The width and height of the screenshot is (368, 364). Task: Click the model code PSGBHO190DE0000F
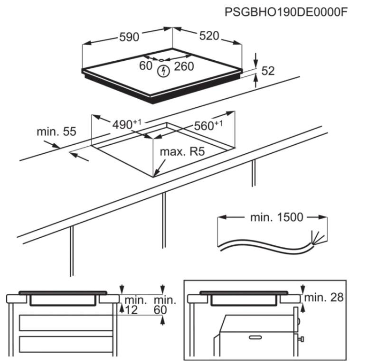point(285,11)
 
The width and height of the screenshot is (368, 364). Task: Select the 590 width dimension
point(129,37)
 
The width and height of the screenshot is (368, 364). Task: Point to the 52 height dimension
point(268,71)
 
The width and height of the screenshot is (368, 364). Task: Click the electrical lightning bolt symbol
point(163,71)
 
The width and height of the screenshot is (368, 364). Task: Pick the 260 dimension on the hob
point(184,66)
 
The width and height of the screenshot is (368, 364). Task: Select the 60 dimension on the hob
point(145,66)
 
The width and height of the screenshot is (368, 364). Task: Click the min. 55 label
point(56,131)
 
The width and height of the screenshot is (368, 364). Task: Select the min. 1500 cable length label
point(276,217)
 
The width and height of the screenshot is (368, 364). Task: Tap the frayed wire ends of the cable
point(315,236)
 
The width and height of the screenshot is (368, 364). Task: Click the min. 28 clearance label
point(323,298)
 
